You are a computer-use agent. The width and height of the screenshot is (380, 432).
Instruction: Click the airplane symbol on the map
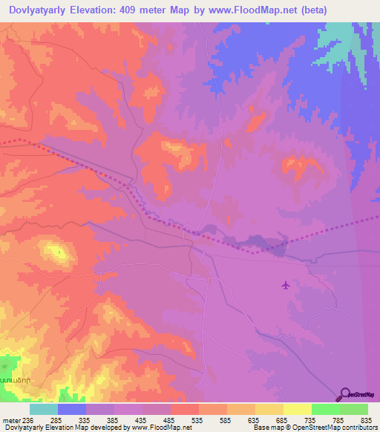click(286, 284)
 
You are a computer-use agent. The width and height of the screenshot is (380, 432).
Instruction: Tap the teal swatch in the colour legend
click(43, 409)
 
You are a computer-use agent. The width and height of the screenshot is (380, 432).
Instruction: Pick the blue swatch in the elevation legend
click(71, 409)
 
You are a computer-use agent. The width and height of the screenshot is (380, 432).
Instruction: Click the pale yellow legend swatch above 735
click(297, 409)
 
